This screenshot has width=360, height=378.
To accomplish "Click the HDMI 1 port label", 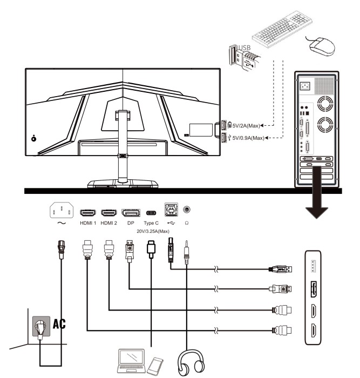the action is pos(88,223).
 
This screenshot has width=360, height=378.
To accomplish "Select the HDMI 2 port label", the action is pos(108,223).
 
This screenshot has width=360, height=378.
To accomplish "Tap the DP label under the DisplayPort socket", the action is pos(131,223).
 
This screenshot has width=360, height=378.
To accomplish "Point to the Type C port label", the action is pos(151,223).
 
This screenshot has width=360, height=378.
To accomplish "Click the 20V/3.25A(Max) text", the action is pos(153,231).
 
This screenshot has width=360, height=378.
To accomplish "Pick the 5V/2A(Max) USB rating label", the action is pos(246,126).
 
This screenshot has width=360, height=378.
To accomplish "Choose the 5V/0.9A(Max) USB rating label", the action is pos(248,138).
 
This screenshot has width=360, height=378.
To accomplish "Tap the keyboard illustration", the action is pos(282,29).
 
